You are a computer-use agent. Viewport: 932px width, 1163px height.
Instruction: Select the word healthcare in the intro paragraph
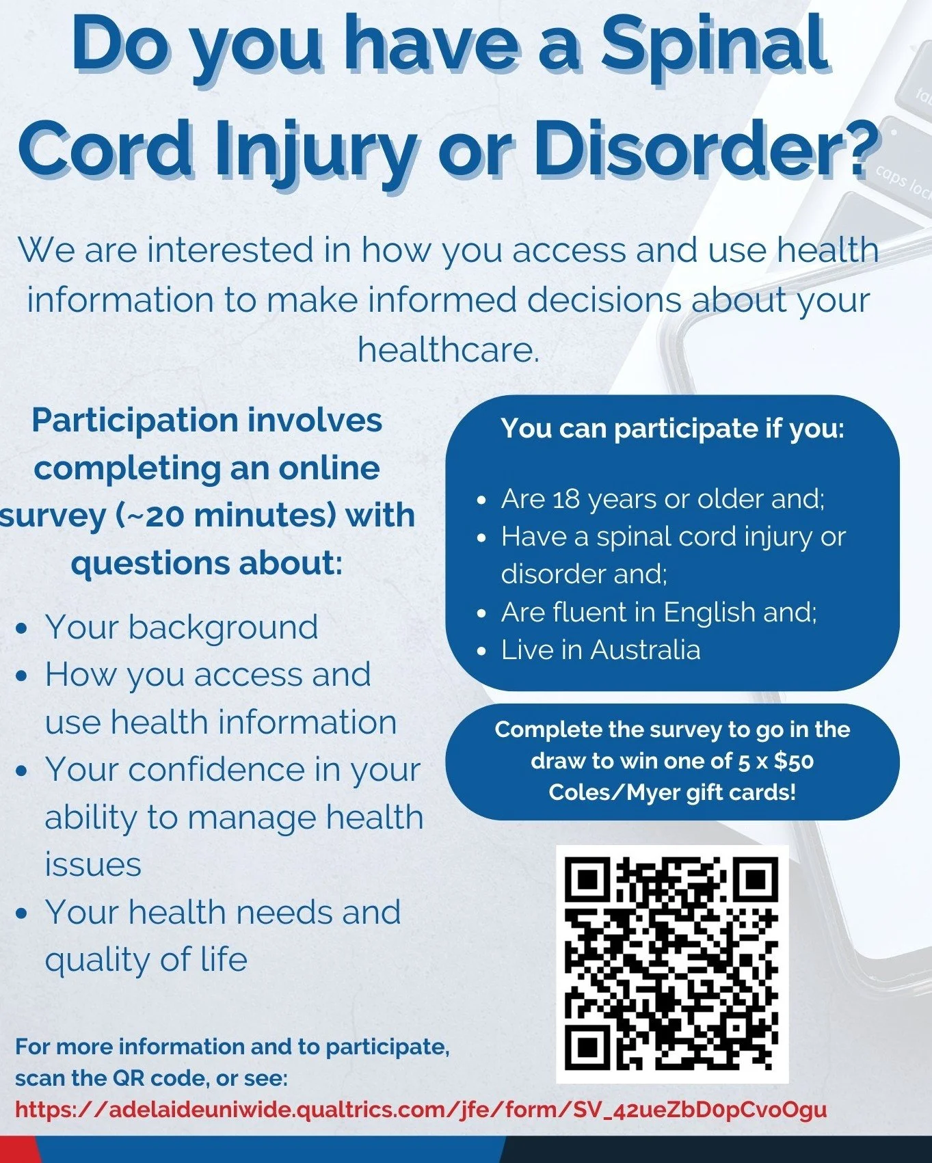click(x=448, y=349)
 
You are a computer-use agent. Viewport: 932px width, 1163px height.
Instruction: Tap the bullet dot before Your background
click(x=22, y=628)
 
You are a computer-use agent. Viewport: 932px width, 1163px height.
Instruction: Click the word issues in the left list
click(x=93, y=864)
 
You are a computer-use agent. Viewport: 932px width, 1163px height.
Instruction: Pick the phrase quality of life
click(x=146, y=959)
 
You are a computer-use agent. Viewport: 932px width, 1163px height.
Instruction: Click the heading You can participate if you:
click(x=672, y=429)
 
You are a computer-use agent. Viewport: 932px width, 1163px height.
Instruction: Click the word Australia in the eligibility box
click(x=645, y=650)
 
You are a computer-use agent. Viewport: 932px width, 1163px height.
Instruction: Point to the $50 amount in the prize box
click(x=793, y=761)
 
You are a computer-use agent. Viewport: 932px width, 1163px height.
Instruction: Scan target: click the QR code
click(x=671, y=964)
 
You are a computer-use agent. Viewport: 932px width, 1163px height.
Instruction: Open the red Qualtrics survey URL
click(x=421, y=1109)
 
